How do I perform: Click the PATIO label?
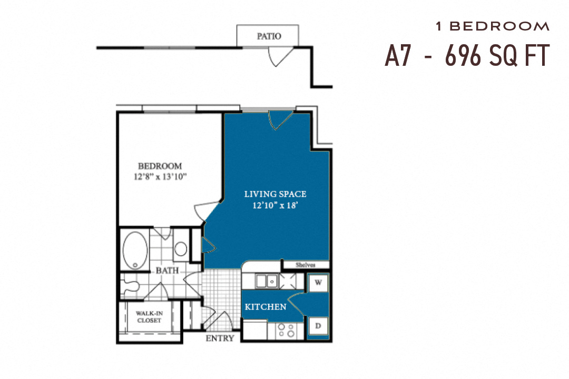(x=268, y=36)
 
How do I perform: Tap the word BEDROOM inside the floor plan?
(x=160, y=166)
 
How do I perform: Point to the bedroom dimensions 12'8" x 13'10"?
(x=160, y=177)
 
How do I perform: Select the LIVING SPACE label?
(x=275, y=194)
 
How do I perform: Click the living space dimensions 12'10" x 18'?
(x=275, y=206)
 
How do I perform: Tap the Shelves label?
(x=305, y=265)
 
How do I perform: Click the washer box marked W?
(x=318, y=282)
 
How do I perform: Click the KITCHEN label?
(x=266, y=306)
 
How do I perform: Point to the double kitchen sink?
(x=267, y=282)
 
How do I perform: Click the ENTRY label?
(x=220, y=338)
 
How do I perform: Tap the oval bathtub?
(x=136, y=251)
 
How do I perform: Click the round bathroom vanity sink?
(x=181, y=249)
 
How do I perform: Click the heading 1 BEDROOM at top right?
(x=492, y=26)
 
